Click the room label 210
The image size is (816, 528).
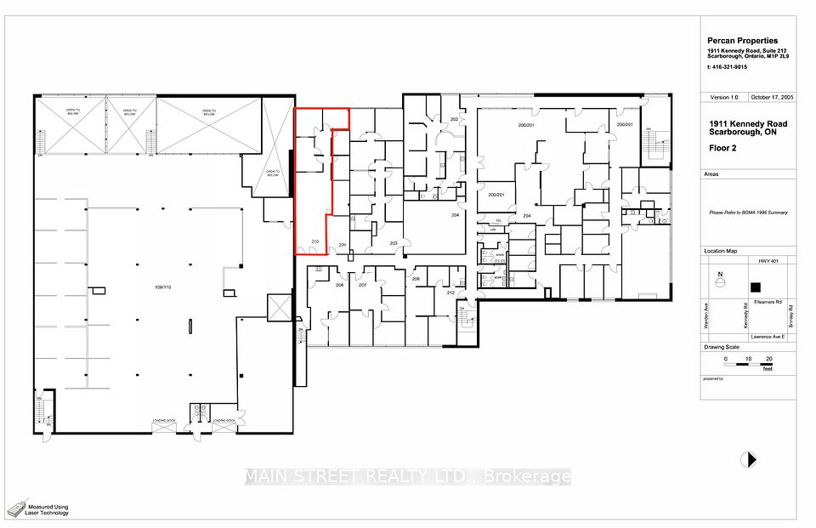[x=314, y=243]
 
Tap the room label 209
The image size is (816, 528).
[x=343, y=245]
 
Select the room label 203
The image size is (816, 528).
[x=394, y=243]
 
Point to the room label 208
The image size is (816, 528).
[x=339, y=285]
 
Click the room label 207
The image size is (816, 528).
[x=362, y=285]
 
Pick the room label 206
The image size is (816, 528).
[x=416, y=279]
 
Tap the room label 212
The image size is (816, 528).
[x=450, y=293]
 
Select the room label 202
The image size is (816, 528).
[x=454, y=120]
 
